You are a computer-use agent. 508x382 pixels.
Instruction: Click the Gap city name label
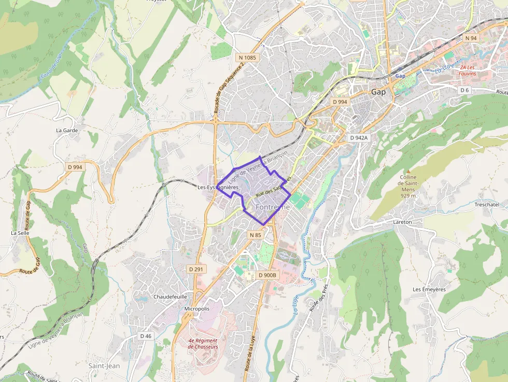[x=378, y=92]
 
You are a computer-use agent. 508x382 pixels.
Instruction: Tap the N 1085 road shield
[x=248, y=57]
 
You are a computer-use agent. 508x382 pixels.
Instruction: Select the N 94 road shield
[x=471, y=38]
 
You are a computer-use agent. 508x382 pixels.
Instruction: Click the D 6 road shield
[x=464, y=90]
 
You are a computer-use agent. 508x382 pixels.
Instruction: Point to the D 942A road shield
[x=358, y=138]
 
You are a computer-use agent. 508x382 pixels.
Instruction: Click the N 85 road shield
[x=256, y=235]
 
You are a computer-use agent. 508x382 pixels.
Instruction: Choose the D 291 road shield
[x=196, y=269]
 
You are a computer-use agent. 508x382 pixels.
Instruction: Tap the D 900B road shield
[x=267, y=275]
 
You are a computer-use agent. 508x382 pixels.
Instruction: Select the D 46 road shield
[x=146, y=336]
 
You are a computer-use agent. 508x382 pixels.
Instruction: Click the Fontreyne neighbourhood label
[x=273, y=206]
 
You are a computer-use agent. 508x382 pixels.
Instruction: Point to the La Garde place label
[x=67, y=131]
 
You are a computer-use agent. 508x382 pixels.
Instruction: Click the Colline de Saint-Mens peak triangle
[x=408, y=171]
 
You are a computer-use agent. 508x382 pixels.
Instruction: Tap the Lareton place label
[x=402, y=222]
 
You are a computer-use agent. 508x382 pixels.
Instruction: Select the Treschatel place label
[x=487, y=205]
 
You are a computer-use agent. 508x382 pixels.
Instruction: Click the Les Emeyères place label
[x=429, y=289]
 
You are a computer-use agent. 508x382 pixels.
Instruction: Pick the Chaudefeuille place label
[x=170, y=297]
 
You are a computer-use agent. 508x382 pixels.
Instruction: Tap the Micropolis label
[x=197, y=308]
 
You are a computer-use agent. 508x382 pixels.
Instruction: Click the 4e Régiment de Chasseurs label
[x=203, y=343]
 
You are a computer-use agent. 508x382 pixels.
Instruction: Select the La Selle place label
[x=20, y=233]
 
